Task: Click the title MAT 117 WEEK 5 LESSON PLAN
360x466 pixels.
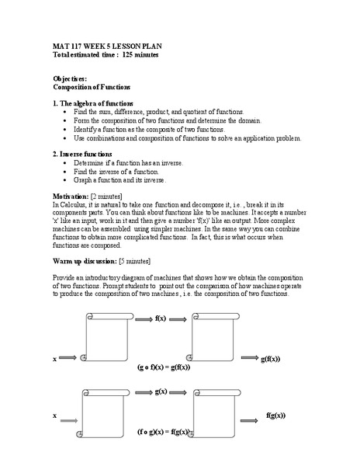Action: click(x=107, y=47)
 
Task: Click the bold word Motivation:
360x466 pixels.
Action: click(x=71, y=196)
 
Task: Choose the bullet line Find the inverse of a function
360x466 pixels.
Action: click(x=116, y=171)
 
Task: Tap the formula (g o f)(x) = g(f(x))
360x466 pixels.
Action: click(x=164, y=367)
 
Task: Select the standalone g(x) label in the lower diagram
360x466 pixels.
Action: click(x=162, y=391)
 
